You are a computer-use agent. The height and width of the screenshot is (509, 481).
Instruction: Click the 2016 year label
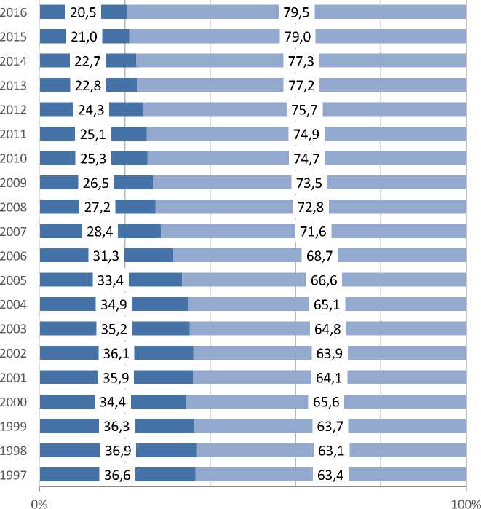15,12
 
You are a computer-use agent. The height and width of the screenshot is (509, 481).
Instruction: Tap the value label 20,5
83,12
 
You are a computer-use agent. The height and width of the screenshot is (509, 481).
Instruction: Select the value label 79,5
297,12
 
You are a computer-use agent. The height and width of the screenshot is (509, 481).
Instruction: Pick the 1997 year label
15,475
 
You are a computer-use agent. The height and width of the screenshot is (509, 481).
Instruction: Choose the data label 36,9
118,451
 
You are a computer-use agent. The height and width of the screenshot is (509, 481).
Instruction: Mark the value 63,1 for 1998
331,451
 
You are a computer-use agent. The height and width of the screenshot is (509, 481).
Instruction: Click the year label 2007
15,232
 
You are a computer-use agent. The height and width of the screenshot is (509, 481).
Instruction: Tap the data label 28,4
100,232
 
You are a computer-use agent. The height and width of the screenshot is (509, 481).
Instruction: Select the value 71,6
314,232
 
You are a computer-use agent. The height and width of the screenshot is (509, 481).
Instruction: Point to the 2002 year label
15,353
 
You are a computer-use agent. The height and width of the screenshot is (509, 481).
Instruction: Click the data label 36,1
116,353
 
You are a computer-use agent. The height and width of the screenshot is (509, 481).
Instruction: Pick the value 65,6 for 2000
326,402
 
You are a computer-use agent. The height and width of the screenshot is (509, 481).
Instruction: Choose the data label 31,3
106,256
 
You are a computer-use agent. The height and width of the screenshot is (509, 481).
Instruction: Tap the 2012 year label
15,110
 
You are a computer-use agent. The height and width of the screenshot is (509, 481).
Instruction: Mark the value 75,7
305,110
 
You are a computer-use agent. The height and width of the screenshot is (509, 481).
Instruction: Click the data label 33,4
111,280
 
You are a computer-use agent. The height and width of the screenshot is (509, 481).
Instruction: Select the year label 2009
15,183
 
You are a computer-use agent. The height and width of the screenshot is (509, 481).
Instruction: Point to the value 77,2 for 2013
301,85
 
